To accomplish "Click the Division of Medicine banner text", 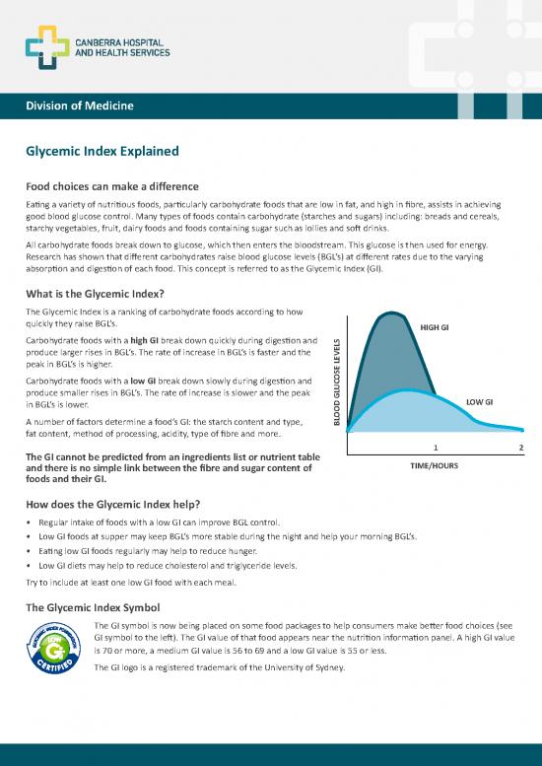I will [80, 105].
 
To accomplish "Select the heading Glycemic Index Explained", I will [102, 152].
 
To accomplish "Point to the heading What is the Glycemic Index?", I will [94, 293].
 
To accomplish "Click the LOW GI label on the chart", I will [479, 401].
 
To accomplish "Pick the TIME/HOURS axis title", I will [434, 465].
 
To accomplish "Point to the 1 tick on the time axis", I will [435, 449].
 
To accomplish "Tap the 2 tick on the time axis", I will [520, 449].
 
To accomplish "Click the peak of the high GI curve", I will [393, 315].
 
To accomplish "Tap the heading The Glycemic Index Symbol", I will [96, 606].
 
